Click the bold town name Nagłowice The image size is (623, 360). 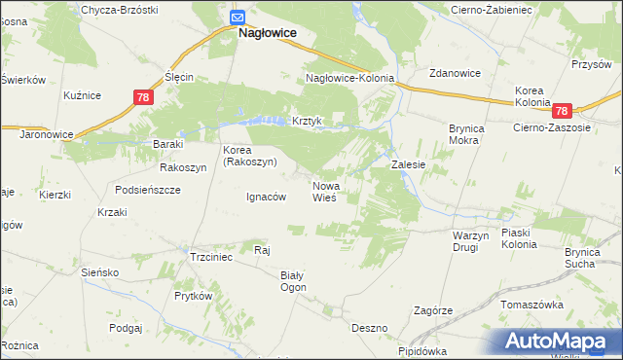pos(268,33)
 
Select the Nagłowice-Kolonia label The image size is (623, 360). pos(349,78)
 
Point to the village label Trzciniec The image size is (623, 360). pos(210,257)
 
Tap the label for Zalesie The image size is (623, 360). pos(409,165)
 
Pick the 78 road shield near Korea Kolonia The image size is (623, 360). pos(570,111)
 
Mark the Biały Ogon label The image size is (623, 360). pos(293,281)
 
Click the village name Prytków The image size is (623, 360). pos(193,295)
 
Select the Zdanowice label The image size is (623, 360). pos(457,73)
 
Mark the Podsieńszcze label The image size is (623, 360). pos(147,190)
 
